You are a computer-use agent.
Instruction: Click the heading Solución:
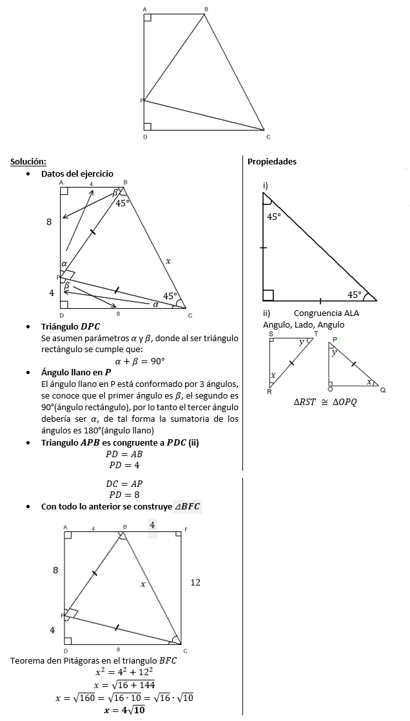click(x=28, y=161)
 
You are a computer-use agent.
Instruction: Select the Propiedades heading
click(x=272, y=161)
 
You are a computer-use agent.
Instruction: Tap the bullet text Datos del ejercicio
click(x=77, y=173)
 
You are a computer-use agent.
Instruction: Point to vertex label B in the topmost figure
click(x=206, y=8)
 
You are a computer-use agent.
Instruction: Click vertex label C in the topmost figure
click(x=268, y=137)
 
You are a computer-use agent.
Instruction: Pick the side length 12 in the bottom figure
click(x=195, y=582)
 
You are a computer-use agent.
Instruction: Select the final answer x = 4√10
click(x=124, y=710)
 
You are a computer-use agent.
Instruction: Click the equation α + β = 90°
click(x=140, y=361)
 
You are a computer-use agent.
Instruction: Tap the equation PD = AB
click(x=124, y=454)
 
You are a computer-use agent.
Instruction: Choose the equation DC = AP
click(x=124, y=484)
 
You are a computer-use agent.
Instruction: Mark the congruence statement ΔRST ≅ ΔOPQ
click(x=325, y=401)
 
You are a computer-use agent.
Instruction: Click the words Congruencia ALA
click(x=331, y=313)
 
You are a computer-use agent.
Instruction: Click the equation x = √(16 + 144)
click(x=124, y=684)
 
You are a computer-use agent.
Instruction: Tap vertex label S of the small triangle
click(x=271, y=333)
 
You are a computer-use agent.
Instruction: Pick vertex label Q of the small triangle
click(x=383, y=390)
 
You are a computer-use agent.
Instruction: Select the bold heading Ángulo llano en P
click(x=76, y=372)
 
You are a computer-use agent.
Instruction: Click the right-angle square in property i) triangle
click(x=268, y=295)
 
